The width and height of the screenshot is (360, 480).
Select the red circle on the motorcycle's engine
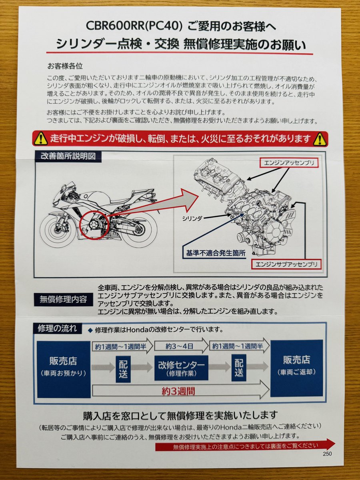tap(95, 226)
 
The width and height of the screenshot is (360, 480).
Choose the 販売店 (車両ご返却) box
tap(296, 368)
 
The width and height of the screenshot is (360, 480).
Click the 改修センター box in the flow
tap(181, 368)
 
